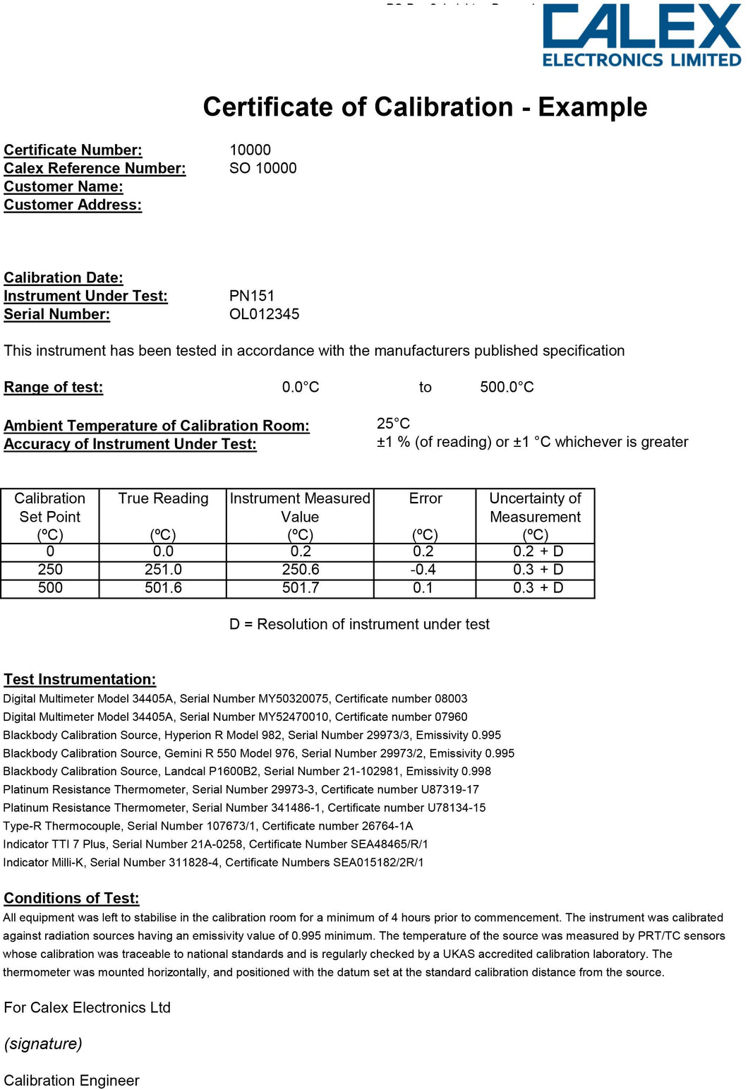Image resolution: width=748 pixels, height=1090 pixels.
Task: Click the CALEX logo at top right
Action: click(641, 35)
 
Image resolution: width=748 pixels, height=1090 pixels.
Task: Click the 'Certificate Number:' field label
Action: click(73, 150)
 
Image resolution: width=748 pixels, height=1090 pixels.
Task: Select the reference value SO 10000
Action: click(263, 168)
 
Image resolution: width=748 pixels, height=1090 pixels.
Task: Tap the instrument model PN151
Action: click(251, 296)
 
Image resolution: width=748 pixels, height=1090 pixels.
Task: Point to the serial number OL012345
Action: click(264, 314)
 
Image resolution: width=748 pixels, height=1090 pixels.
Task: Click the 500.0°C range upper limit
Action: click(507, 387)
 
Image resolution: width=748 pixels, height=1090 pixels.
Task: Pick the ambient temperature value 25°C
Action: click(393, 424)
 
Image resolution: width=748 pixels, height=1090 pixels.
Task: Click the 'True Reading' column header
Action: click(163, 498)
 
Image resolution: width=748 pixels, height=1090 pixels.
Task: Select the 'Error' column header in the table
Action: click(425, 498)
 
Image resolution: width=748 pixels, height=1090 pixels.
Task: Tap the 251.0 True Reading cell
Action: click(163, 570)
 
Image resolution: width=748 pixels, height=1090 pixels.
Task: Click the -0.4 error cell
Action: click(423, 570)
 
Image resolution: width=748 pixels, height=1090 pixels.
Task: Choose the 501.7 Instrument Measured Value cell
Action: click(301, 588)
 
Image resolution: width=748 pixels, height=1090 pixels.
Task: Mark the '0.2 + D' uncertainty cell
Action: click(538, 551)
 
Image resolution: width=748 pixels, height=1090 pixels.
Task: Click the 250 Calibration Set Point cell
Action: click(50, 570)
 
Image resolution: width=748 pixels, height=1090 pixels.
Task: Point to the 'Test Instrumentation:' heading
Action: click(80, 679)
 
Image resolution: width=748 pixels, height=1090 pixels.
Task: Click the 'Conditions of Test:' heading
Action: click(71, 898)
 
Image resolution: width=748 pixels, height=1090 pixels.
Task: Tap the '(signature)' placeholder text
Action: click(43, 1043)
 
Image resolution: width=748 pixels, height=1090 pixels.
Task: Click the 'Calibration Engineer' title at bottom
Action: click(71, 1080)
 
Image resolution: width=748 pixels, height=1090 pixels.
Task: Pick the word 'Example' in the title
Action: click(592, 107)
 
